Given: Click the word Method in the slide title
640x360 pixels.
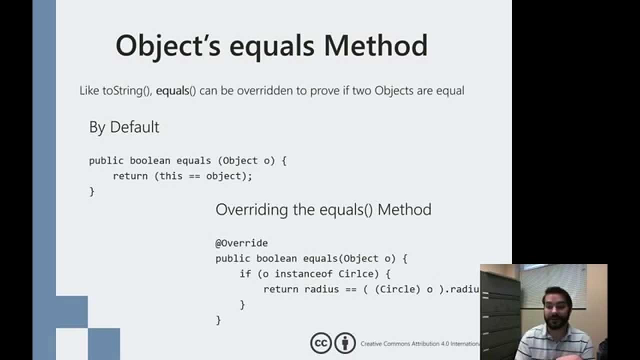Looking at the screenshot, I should (375, 45).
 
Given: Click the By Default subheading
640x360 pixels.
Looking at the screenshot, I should (124, 127).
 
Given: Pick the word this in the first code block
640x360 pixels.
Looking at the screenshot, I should (171, 176).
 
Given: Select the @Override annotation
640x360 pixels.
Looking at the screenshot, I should (241, 243).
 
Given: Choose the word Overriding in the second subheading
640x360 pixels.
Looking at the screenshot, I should (251, 209).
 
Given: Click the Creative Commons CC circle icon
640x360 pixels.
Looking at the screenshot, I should (321, 343).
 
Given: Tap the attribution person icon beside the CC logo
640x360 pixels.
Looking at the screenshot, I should (345, 343).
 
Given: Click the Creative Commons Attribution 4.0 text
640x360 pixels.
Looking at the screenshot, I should (419, 344).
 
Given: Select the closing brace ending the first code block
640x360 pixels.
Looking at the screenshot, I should (91, 191).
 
